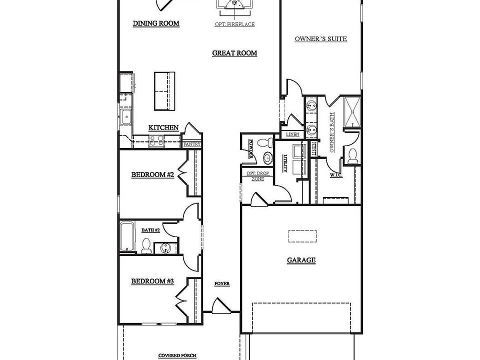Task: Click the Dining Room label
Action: point(156,23)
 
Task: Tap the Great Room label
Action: point(234,53)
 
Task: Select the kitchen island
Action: point(164,90)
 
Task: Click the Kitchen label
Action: point(163,128)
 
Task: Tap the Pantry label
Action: point(192,144)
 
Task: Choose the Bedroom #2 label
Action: point(152,175)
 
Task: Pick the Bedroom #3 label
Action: point(152,281)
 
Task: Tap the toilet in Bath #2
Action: point(146,245)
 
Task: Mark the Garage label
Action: point(301,260)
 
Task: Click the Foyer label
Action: point(221,283)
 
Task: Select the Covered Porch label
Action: point(177,355)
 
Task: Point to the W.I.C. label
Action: point(335,175)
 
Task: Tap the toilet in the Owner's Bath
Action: point(352,155)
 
